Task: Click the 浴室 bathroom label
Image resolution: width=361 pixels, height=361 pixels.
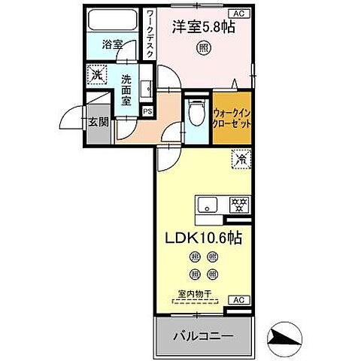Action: click(113, 45)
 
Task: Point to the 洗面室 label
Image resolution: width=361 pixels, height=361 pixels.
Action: click(126, 89)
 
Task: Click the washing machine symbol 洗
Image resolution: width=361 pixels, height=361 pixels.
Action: click(97, 74)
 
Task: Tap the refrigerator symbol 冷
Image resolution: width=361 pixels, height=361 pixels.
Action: click(241, 159)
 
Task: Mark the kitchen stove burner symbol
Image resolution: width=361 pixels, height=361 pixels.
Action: click(240, 205)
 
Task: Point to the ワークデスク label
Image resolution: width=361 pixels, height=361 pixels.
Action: click(151, 33)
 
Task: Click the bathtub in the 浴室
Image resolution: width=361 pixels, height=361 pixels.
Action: click(113, 20)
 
